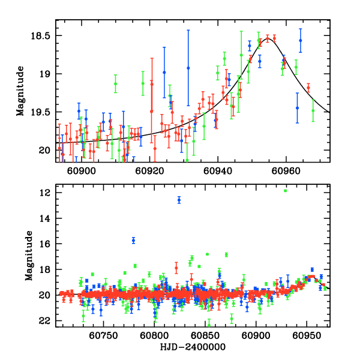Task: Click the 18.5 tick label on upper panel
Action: click(44, 36)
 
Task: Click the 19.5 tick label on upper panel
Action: click(44, 112)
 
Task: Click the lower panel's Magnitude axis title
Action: click(28, 257)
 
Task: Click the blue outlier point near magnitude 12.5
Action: click(179, 200)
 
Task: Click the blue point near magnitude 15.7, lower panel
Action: click(133, 240)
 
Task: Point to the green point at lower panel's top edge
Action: click(285, 191)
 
